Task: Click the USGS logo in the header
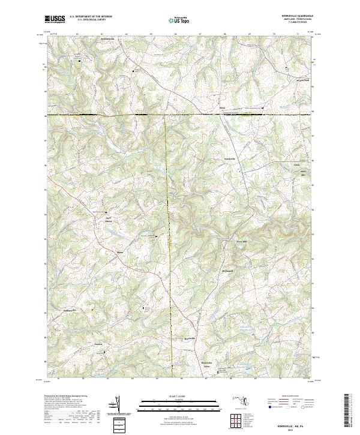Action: point(55,19)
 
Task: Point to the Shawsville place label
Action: point(190,338)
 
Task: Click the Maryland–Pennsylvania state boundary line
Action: point(180,114)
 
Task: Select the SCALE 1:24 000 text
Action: point(179,397)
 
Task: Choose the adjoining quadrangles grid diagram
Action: point(235,419)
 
